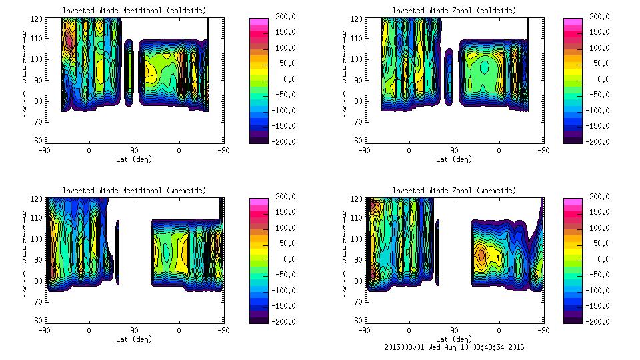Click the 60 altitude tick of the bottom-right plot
(x=359, y=321)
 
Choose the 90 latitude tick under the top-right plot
(x=455, y=150)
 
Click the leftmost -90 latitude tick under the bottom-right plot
(x=365, y=330)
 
